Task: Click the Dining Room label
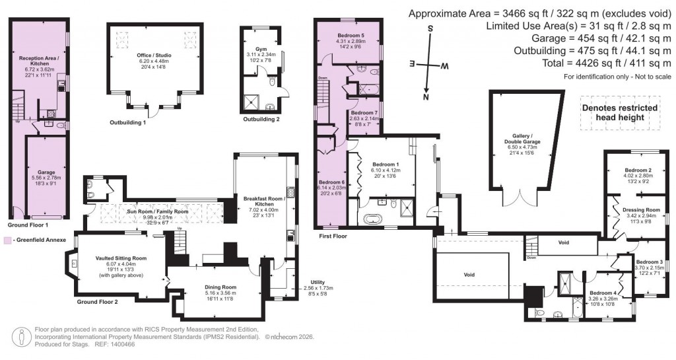(x=220, y=287)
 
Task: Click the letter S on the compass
(x=430, y=28)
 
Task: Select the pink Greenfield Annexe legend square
(x=7, y=240)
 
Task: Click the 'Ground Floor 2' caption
(x=98, y=302)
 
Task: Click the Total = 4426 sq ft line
(x=566, y=63)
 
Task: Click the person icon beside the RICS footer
(x=24, y=337)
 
